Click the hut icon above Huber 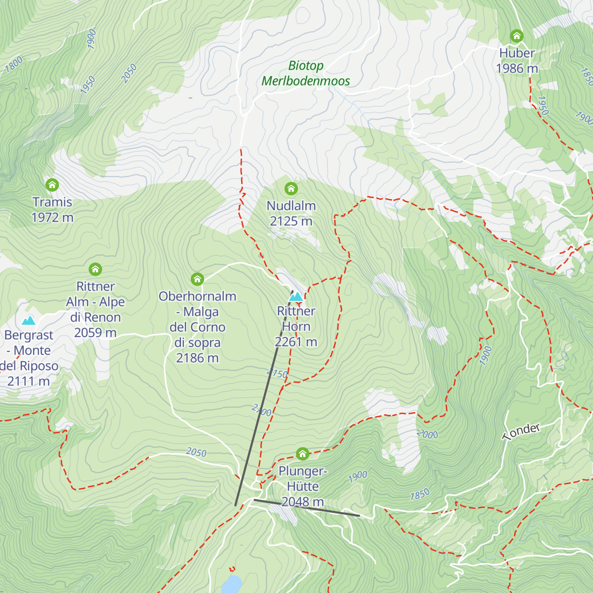(516, 36)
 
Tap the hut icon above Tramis (52, 185)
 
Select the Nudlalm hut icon (291, 188)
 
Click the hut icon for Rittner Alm (95, 269)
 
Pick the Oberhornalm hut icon (197, 279)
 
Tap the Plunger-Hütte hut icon (302, 454)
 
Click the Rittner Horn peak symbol (296, 296)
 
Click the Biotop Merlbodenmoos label (306, 73)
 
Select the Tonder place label (521, 431)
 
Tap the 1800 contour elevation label (14, 64)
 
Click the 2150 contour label (277, 374)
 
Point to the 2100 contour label (261, 410)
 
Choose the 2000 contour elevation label (427, 434)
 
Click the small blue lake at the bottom (231, 584)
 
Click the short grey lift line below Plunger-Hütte (306, 508)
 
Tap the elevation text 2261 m (296, 342)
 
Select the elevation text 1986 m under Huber (517, 69)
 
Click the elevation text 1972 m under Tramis (52, 217)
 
